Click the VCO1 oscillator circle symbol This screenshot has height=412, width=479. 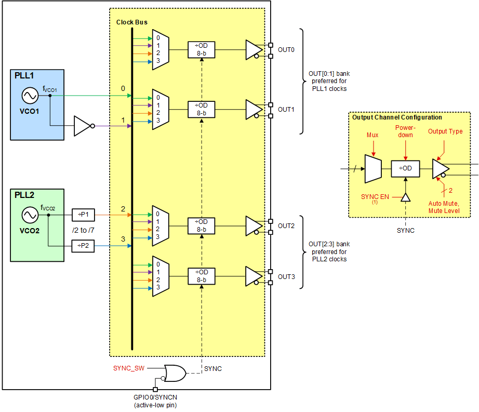click(28, 96)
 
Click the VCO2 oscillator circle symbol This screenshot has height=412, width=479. click(28, 215)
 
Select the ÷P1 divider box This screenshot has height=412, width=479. click(83, 214)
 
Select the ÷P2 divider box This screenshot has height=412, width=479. click(83, 246)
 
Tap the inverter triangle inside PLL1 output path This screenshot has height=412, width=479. click(83, 126)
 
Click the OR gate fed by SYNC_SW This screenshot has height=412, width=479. click(174, 373)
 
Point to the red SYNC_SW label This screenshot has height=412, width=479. click(129, 368)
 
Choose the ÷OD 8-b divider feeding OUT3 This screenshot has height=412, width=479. click(201, 276)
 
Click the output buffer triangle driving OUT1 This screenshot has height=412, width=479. click(254, 110)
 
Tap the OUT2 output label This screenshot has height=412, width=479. click(286, 226)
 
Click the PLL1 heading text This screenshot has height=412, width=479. click(25, 77)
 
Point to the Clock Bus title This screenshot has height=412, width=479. click(131, 22)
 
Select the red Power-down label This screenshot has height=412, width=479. click(405, 131)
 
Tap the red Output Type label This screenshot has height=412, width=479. click(445, 131)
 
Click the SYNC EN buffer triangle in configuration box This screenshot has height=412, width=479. click(406, 197)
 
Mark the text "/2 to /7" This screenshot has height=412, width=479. click(83, 230)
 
